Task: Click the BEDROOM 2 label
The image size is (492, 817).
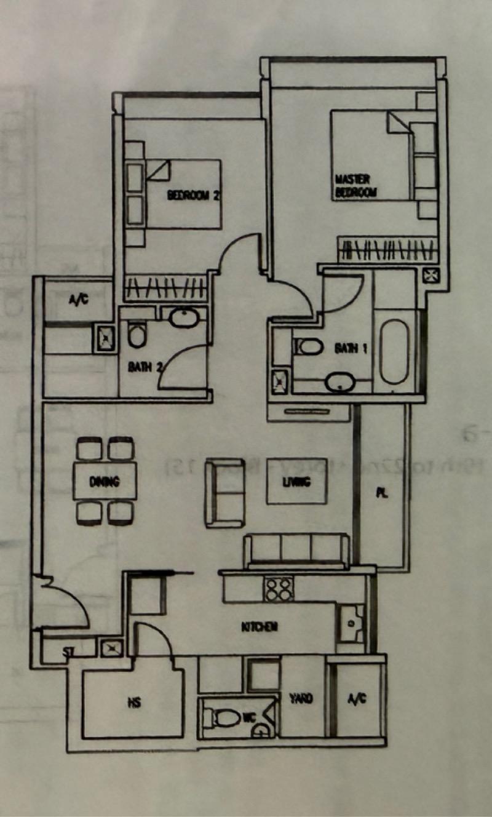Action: [x=193, y=196]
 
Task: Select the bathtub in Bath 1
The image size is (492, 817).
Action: [x=394, y=351]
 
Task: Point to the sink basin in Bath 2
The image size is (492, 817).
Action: [x=182, y=319]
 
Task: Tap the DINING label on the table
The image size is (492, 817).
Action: [x=104, y=482]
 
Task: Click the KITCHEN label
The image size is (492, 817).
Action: [x=259, y=628]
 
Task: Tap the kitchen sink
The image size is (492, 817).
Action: [x=352, y=622]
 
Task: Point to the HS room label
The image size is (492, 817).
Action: [x=133, y=703]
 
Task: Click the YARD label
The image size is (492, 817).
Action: [x=301, y=699]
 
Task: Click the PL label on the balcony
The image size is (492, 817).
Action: [x=383, y=493]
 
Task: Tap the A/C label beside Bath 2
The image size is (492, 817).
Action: [x=77, y=301]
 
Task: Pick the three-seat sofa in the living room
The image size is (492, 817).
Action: [x=296, y=549]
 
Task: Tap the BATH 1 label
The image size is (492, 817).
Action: [x=351, y=349]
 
